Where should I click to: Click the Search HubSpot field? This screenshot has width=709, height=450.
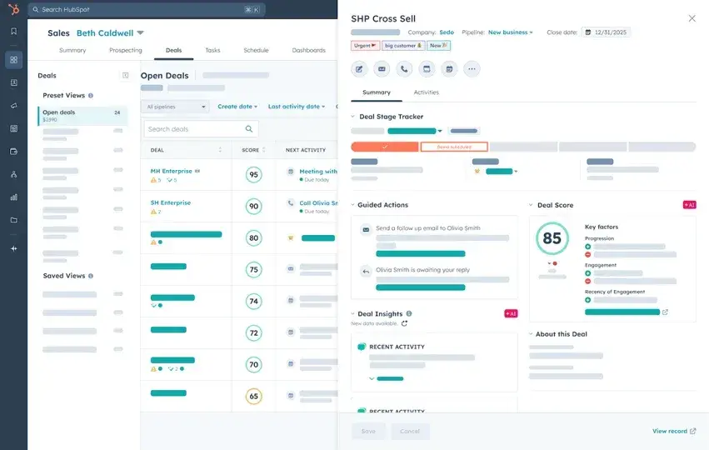point(142,10)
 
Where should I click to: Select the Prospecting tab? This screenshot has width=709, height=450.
point(125,50)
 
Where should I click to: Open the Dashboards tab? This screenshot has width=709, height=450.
point(308,50)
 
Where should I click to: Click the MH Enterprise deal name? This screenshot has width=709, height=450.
point(171,171)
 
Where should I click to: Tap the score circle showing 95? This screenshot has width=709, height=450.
point(253,175)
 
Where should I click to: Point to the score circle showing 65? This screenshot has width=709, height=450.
point(253,397)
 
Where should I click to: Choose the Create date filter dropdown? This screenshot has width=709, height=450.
point(237,107)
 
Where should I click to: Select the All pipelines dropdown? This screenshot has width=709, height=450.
point(176,107)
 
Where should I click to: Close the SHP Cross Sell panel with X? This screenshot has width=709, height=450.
point(692,18)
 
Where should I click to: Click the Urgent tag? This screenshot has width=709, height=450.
point(365,46)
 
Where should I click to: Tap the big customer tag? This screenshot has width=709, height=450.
point(403,46)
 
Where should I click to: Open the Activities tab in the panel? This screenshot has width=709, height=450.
point(426,92)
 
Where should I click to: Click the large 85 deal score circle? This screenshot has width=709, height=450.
point(552,238)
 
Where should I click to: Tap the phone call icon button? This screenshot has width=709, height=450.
point(404,69)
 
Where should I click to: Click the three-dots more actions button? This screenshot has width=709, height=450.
point(472,69)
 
